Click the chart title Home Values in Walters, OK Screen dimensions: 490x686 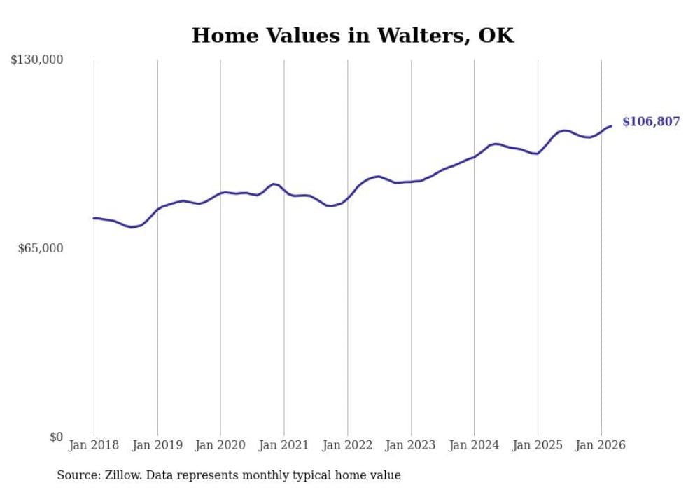353,36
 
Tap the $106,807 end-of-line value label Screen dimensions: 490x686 650,122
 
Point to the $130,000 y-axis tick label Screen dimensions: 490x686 36,60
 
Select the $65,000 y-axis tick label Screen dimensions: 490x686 40,249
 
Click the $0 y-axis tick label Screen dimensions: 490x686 56,437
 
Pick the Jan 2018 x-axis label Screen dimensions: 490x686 94,445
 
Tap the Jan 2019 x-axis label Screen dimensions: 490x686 157,445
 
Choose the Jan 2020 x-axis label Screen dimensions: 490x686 220,445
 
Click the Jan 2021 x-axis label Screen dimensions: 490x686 284,445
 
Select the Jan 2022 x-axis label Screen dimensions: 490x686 347,445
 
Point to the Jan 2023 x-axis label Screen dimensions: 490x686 411,445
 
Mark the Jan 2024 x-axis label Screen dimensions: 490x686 474,445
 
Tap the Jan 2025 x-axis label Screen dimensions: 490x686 538,445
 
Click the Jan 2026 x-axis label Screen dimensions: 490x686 601,445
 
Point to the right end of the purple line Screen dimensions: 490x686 611,126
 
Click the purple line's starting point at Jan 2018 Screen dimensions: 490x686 94,218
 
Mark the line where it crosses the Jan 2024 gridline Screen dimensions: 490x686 474,157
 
